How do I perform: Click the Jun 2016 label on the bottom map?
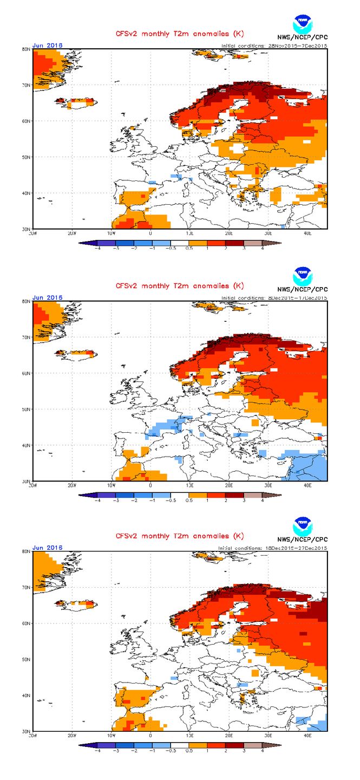click(x=48, y=548)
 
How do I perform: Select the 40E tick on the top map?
click(x=307, y=233)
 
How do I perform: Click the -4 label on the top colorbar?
click(x=97, y=249)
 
